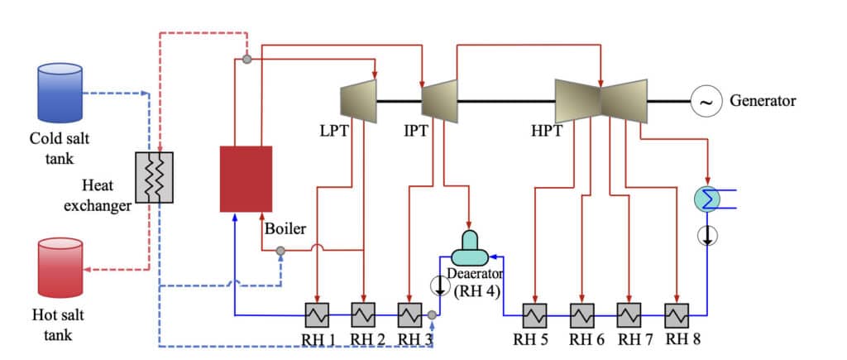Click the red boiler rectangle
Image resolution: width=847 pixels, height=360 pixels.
(246, 178)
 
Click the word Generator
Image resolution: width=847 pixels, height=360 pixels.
(762, 101)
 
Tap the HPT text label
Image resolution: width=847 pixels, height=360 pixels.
(550, 131)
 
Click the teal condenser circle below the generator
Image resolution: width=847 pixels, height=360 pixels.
(707, 197)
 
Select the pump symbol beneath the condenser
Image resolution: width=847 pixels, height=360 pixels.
(707, 235)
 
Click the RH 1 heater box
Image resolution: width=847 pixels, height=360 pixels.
(318, 314)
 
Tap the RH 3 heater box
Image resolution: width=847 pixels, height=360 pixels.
(410, 314)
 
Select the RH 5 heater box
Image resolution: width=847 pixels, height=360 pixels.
(535, 314)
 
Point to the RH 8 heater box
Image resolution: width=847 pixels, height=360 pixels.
(677, 314)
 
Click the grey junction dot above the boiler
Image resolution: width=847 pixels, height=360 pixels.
(246, 59)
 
